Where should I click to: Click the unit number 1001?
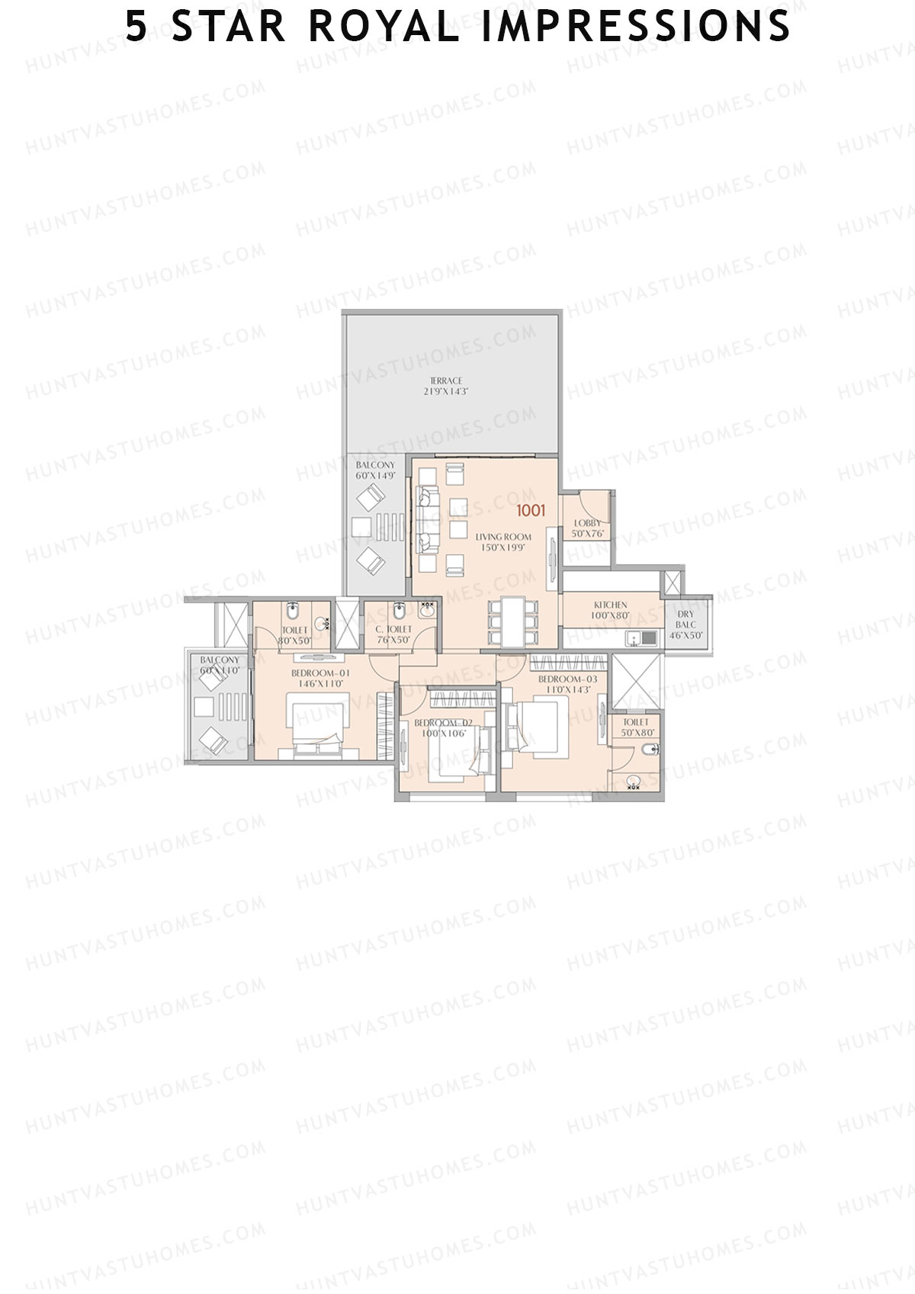click(531, 510)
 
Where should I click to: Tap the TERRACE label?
click(446, 380)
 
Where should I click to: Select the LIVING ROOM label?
click(503, 537)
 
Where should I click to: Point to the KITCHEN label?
click(610, 605)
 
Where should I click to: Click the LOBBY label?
click(587, 523)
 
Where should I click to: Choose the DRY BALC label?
click(685, 619)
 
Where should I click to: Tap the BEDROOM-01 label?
click(320, 674)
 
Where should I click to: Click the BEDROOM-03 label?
click(568, 679)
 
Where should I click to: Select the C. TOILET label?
click(393, 630)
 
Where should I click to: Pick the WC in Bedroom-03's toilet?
click(650, 751)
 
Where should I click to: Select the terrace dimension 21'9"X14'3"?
click(446, 391)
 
